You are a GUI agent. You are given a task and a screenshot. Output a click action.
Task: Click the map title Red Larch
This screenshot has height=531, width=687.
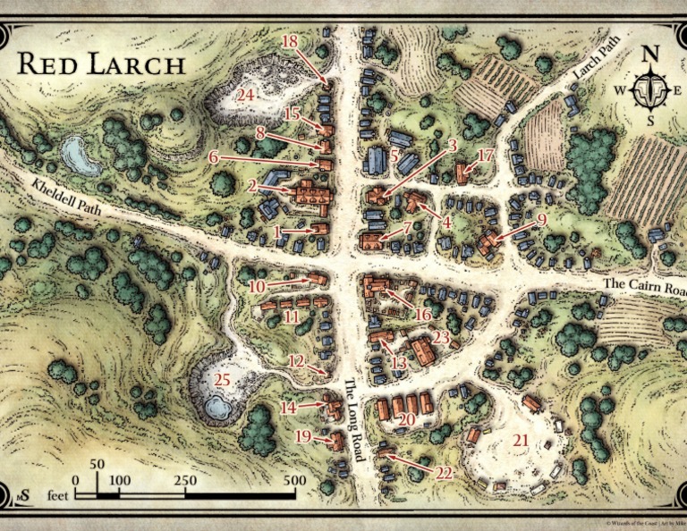click(101, 64)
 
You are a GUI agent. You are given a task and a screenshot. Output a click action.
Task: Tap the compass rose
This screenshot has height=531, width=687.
click(651, 88)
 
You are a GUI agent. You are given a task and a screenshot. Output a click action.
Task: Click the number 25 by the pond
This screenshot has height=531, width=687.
click(222, 379)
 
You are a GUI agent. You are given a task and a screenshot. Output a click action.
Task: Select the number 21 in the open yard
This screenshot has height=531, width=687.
click(520, 440)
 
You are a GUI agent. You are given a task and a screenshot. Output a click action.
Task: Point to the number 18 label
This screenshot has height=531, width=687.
click(289, 41)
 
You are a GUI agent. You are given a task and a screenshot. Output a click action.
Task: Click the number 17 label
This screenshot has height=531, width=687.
click(485, 156)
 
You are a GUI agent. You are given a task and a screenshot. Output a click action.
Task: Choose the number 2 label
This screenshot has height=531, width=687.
click(253, 186)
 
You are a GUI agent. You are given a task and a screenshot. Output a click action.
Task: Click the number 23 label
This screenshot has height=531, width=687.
click(440, 337)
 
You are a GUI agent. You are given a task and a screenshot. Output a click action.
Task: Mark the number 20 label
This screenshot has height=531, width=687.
click(407, 418)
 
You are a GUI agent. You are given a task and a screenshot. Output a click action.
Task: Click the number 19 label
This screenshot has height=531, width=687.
click(303, 436)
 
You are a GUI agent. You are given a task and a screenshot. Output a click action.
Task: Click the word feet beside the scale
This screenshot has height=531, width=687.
click(58, 493)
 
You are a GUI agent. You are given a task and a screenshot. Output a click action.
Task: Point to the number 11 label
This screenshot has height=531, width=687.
click(291, 316)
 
